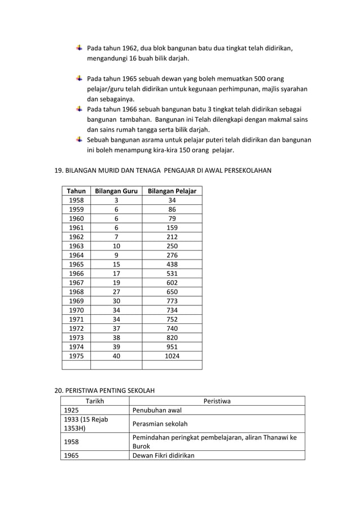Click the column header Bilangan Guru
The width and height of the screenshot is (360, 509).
pos(116,191)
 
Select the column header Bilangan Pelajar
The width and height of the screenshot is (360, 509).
pos(172,191)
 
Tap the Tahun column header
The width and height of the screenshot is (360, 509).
pos(76,191)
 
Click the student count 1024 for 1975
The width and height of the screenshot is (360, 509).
pos(172,356)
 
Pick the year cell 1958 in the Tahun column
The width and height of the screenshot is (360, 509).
pos(76,200)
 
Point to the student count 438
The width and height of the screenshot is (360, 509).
pos(172,264)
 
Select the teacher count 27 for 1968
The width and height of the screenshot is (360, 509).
pos(116,292)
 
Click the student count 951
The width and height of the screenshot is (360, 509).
pos(172,347)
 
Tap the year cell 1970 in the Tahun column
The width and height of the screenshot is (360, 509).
pos(76,310)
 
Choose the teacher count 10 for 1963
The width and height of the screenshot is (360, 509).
pos(116,246)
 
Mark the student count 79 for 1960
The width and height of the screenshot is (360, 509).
pos(172,219)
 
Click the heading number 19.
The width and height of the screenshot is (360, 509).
pos(58,170)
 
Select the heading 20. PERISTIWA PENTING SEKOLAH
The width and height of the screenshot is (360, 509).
pos(104,390)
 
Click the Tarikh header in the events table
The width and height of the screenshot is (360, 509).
pos(95,401)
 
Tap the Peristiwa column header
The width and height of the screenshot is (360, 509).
pos(217,401)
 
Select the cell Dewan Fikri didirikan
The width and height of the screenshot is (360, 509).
pos(163,455)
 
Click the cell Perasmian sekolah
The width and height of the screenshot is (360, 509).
pos(160,424)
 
